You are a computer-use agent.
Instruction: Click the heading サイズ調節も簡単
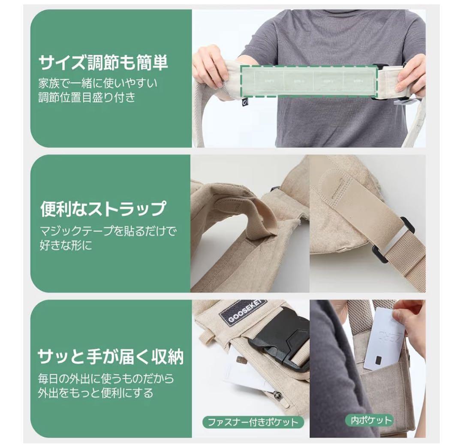pyautogui.click(x=103, y=63)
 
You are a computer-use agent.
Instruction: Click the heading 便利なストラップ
pyautogui.click(x=103, y=209)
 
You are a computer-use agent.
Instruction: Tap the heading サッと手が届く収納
pyautogui.click(x=111, y=356)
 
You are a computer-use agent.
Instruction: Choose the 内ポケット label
pyautogui.click(x=369, y=420)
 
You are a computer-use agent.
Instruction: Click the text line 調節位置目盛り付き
pyautogui.click(x=87, y=97)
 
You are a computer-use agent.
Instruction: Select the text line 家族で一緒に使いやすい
pyautogui.click(x=97, y=83)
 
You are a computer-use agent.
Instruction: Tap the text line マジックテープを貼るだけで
pyautogui.click(x=108, y=232)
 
